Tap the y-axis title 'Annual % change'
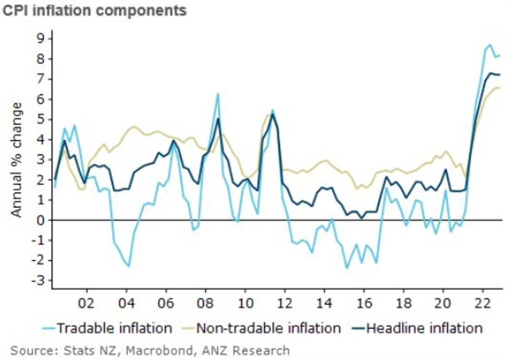click(x=17, y=159)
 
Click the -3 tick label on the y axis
click(x=40, y=281)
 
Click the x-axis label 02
click(x=85, y=303)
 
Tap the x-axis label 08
click(x=205, y=303)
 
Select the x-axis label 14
click(x=324, y=303)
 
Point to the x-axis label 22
click(x=483, y=303)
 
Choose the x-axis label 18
click(x=404, y=303)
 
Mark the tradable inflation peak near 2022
click(x=490, y=45)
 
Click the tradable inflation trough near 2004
click(x=129, y=266)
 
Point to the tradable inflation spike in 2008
click(x=217, y=94)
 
